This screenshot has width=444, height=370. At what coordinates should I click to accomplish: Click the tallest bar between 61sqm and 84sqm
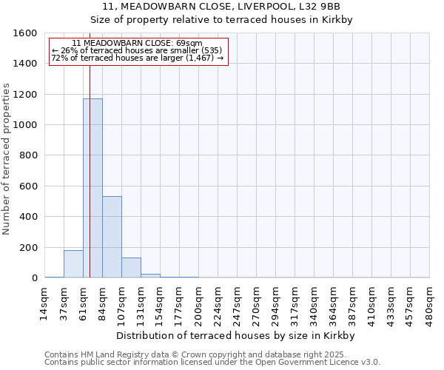coord(92,189)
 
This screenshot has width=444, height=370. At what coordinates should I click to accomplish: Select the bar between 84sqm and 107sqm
coord(112,237)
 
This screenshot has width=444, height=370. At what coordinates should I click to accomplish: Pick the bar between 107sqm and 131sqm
coord(131,268)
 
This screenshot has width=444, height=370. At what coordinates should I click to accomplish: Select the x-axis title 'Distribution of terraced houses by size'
coord(236,335)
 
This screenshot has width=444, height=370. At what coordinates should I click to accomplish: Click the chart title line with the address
coord(221,7)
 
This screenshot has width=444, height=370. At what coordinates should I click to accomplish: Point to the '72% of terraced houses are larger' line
coord(138,58)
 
